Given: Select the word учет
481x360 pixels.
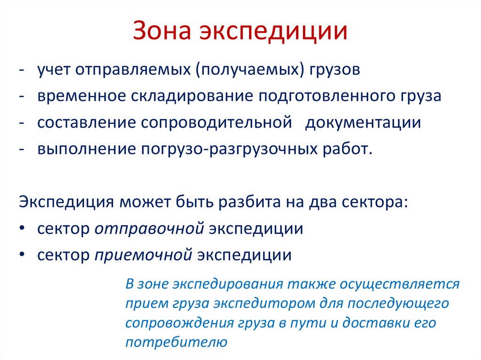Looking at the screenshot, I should [55, 70].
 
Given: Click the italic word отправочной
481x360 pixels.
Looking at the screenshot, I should [149, 229].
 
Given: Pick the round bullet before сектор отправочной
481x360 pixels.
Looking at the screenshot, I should [23, 229].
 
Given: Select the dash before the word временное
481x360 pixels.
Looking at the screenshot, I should [22, 96].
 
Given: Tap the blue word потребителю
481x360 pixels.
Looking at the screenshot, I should [176, 342].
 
